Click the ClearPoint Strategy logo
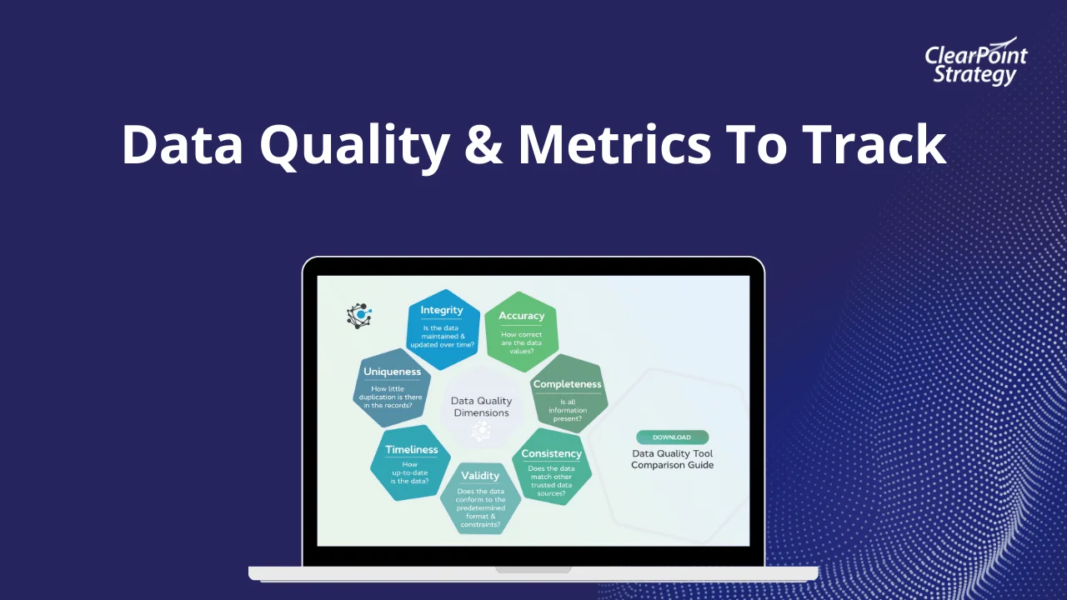[x=975, y=62]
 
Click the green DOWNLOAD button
[x=672, y=437]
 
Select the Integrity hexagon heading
[x=442, y=310]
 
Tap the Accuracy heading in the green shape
[x=521, y=316]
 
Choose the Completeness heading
[x=568, y=384]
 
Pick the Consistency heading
[x=552, y=454]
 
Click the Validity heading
[x=480, y=476]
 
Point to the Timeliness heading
[x=412, y=449]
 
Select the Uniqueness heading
[x=392, y=372]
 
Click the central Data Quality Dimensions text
[x=481, y=407]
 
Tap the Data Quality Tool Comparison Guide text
[x=672, y=459]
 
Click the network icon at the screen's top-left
[x=359, y=316]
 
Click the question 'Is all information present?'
[x=568, y=411]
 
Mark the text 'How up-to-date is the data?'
[x=409, y=472]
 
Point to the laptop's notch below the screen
[x=533, y=569]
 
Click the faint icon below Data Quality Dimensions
[x=481, y=432]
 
